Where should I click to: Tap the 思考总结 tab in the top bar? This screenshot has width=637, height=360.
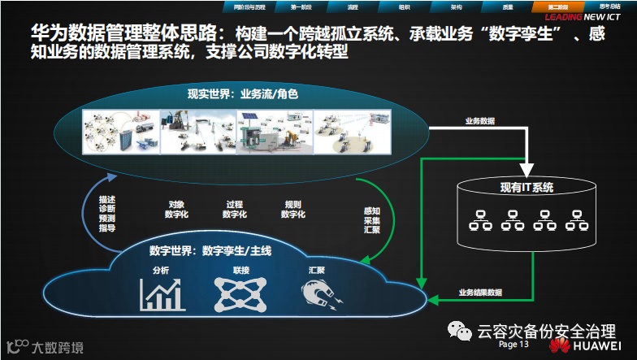609,6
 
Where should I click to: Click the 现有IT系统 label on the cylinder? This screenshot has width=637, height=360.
526,188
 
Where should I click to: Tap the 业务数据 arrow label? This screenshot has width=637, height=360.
480,121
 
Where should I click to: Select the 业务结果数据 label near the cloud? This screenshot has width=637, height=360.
480,292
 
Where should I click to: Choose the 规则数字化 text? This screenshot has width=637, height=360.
292,209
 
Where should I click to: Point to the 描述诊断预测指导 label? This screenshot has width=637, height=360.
106,213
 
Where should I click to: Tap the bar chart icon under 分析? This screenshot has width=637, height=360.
162,294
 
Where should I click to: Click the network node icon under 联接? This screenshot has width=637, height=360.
240,294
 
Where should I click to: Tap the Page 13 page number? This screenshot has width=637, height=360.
513,345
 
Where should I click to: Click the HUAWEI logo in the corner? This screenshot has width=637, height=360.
587,345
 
